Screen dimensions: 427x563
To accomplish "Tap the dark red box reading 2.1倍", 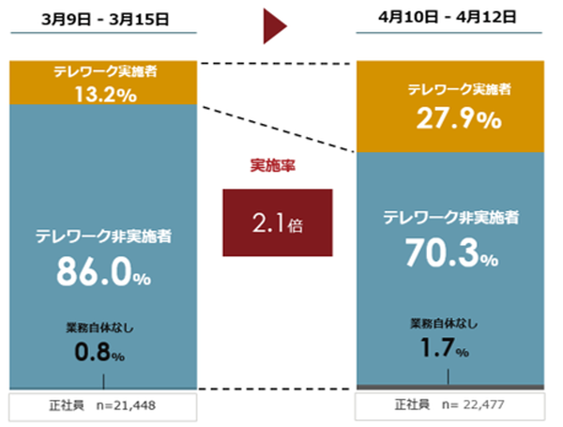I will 277,223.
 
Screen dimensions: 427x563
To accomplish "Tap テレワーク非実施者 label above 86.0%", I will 103,234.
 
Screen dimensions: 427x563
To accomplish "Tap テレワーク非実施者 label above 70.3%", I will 451,218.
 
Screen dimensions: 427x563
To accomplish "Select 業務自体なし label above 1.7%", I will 444,324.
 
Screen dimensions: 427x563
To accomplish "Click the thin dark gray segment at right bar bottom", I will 449,387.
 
